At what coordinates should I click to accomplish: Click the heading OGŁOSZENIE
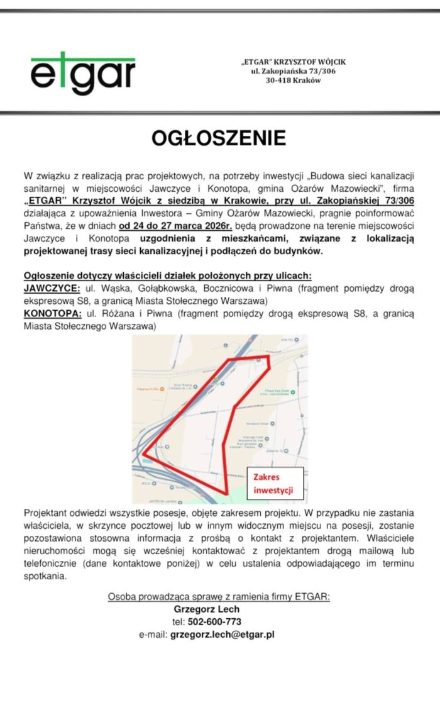coord(219,138)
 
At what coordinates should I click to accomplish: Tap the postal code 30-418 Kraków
coord(293,81)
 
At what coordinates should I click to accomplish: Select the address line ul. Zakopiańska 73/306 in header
coord(294,71)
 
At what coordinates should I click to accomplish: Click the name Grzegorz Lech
coord(206,609)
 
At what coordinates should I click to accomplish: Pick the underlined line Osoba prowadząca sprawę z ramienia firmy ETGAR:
coord(219,596)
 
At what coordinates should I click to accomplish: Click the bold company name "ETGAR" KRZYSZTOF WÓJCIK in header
coord(294,62)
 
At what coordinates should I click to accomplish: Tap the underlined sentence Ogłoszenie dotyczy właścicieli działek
coord(168,275)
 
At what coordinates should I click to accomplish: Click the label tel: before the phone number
coord(179,621)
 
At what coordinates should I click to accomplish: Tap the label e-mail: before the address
coord(153,635)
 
